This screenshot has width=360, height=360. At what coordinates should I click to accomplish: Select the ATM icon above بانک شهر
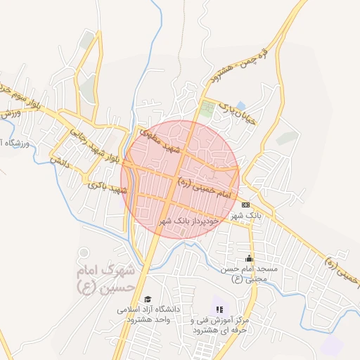(245, 205)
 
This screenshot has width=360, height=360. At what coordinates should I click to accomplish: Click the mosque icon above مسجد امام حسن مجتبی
(248, 259)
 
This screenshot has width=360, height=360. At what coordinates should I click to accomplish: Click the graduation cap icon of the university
(148, 298)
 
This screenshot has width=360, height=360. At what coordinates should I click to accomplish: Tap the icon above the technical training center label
(219, 309)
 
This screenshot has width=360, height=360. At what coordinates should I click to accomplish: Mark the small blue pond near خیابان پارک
(241, 106)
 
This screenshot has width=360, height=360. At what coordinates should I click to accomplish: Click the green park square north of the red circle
(207, 110)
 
